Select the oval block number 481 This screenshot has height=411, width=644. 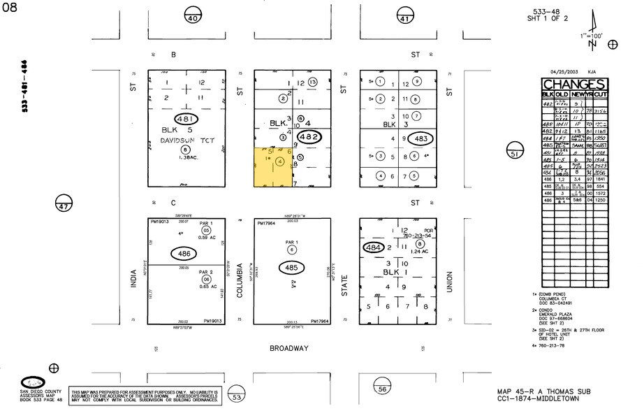186,120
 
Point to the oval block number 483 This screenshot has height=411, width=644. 420,138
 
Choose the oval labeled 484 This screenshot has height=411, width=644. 375,248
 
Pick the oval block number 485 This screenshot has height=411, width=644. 292,267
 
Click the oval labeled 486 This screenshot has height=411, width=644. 186,254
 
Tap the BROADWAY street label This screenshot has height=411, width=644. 288,347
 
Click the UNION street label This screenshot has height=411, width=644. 451,282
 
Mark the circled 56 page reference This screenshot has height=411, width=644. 382,389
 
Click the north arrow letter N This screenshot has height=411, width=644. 592,44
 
